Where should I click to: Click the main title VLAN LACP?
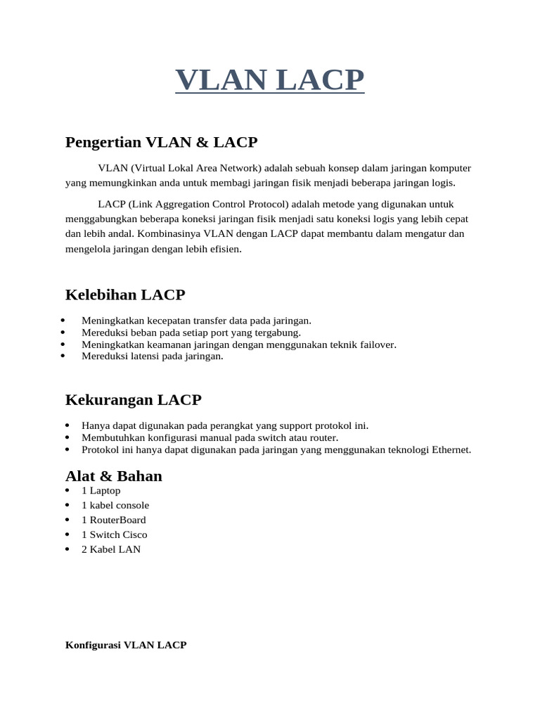[269, 79]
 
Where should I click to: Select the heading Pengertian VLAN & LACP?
[161, 143]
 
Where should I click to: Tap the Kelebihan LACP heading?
[124, 295]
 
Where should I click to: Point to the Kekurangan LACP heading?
[133, 400]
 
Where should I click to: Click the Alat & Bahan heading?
[113, 476]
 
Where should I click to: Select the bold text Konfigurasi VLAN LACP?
[126, 645]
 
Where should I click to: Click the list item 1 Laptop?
[101, 491]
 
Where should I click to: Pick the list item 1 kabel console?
[115, 506]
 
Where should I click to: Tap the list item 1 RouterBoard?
[113, 520]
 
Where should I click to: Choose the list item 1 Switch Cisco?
[114, 535]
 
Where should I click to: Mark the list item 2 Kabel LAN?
[111, 550]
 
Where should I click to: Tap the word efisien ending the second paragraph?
[224, 249]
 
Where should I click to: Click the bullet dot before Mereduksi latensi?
[63, 356]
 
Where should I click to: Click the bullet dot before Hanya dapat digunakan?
[67, 426]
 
